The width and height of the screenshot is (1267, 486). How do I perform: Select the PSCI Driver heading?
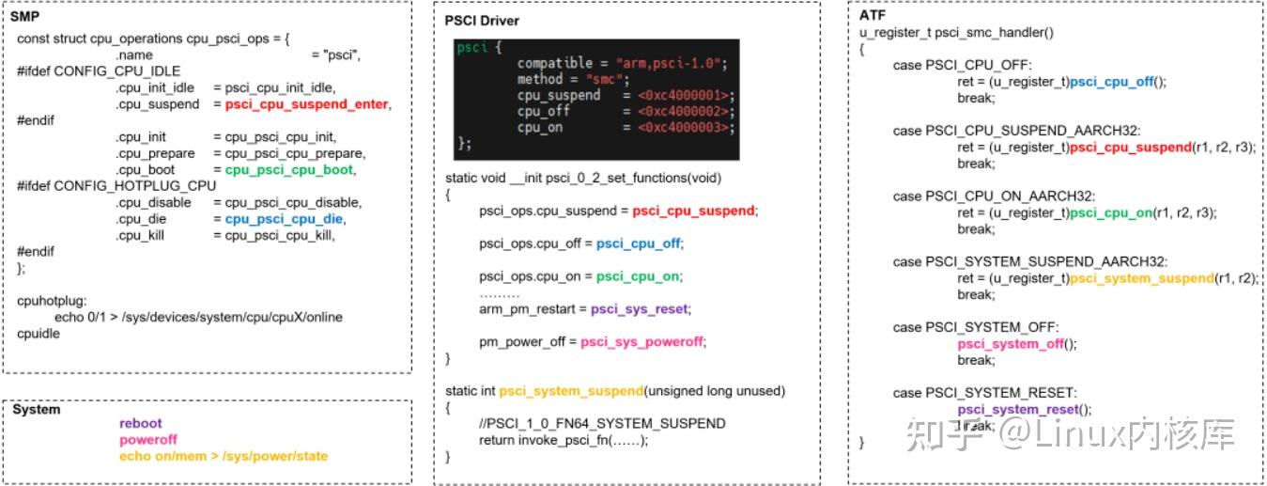point(482,21)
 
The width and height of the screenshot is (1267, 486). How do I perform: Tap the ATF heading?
point(873,16)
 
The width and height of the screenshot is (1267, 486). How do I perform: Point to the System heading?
point(36,409)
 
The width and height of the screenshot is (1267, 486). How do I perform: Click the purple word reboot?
point(140,424)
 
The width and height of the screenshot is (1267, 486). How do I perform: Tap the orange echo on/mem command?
point(224,456)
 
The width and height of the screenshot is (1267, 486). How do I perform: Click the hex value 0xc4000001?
point(684,95)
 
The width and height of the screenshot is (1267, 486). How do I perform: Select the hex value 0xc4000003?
point(684,127)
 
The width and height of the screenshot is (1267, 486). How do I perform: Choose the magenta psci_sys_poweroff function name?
point(641,341)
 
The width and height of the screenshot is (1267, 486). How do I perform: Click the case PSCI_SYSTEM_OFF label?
point(976,327)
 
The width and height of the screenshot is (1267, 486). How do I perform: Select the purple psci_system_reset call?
point(1025,409)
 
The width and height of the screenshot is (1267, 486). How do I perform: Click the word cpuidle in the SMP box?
point(38,333)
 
